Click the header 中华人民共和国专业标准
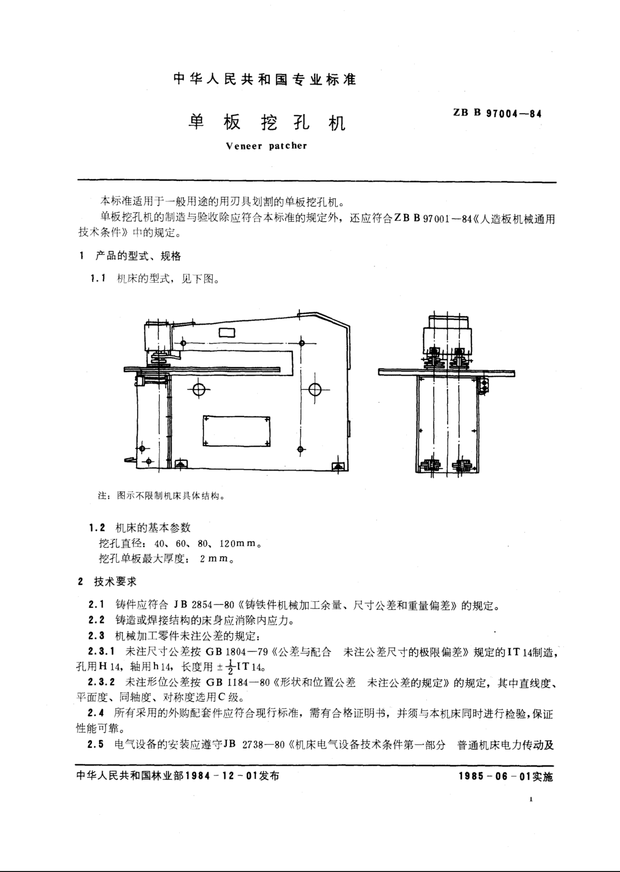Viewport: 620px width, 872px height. [x=265, y=79]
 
